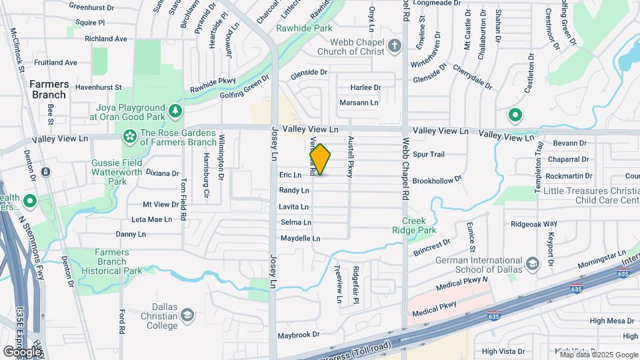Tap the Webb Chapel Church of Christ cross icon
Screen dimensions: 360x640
pyautogui.click(x=395, y=46)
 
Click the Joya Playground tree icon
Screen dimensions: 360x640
pyautogui.click(x=175, y=109)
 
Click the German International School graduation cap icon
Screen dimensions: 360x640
pyautogui.click(x=532, y=265)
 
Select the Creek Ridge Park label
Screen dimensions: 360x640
pyautogui.click(x=419, y=225)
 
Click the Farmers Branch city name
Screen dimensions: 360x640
pyautogui.click(x=47, y=89)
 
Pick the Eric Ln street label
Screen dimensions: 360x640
pyautogui.click(x=290, y=175)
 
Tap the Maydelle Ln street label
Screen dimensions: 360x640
pyautogui.click(x=301, y=238)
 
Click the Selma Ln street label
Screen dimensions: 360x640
pyautogui.click(x=296, y=222)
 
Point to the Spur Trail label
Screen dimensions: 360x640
pyautogui.click(x=428, y=154)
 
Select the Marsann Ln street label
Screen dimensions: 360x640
pyautogui.click(x=359, y=103)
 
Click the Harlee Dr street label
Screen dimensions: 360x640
pyautogui.click(x=365, y=87)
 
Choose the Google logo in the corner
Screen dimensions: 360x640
pyautogui.click(x=22, y=351)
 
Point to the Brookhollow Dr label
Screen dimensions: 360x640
pyautogui.click(x=437, y=181)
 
